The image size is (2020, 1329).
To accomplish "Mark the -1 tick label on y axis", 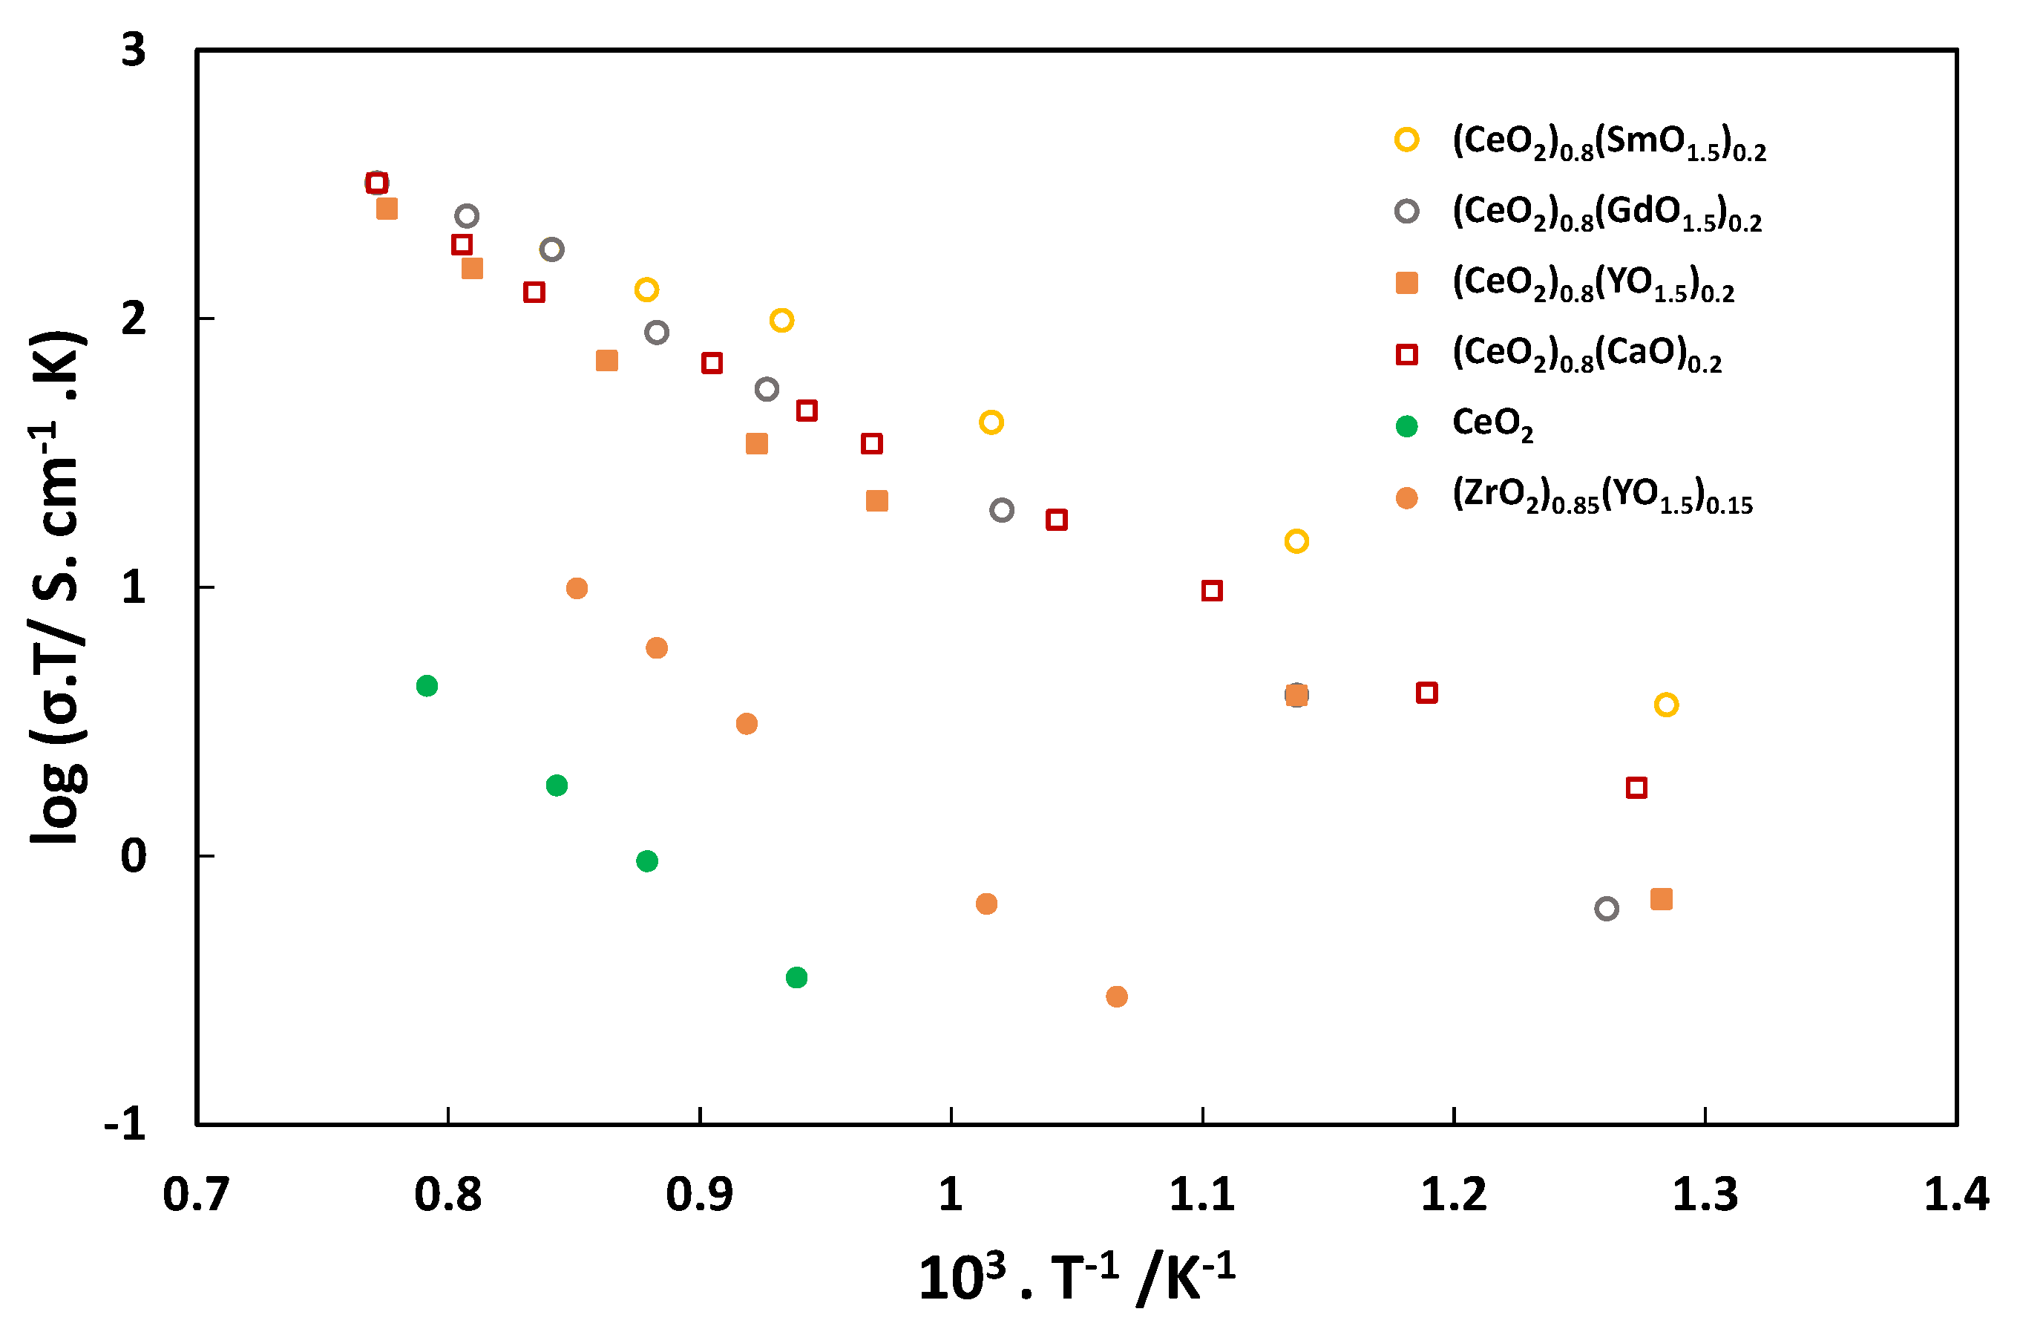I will (x=125, y=1125).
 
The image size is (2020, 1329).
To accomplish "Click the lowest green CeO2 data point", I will (x=796, y=977).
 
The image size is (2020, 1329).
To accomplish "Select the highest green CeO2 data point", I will (x=427, y=686).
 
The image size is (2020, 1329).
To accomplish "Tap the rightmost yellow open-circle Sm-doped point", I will (x=1666, y=705).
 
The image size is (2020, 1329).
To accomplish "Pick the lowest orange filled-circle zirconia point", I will (x=1117, y=997).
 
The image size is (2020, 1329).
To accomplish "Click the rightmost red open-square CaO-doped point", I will (x=1636, y=788).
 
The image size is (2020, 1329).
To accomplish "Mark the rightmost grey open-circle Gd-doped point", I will (x=1607, y=910).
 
